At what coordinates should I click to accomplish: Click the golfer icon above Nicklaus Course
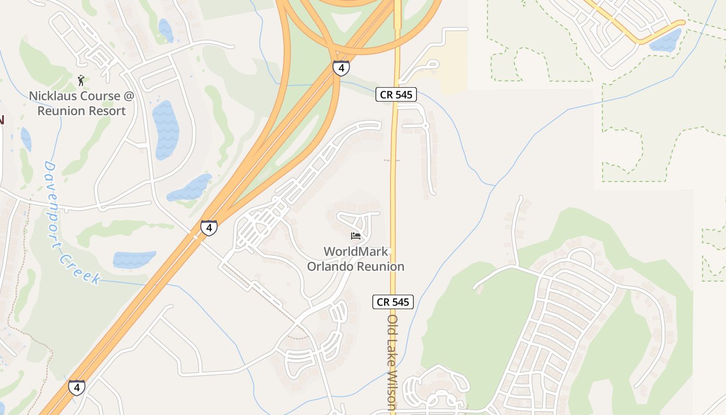tap(81, 80)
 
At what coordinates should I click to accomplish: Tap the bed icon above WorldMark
tap(356, 236)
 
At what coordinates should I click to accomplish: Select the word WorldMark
tap(356, 252)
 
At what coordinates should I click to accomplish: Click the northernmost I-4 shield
tap(341, 68)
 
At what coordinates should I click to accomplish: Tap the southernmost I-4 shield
tap(77, 388)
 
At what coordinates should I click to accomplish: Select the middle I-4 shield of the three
tap(209, 228)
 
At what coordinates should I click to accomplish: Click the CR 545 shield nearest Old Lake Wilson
tap(393, 302)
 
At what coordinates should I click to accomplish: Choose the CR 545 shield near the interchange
tap(396, 94)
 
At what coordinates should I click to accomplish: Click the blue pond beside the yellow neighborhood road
tap(666, 40)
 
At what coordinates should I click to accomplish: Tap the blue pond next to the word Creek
tap(134, 259)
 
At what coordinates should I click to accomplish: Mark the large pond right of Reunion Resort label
tap(166, 129)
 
